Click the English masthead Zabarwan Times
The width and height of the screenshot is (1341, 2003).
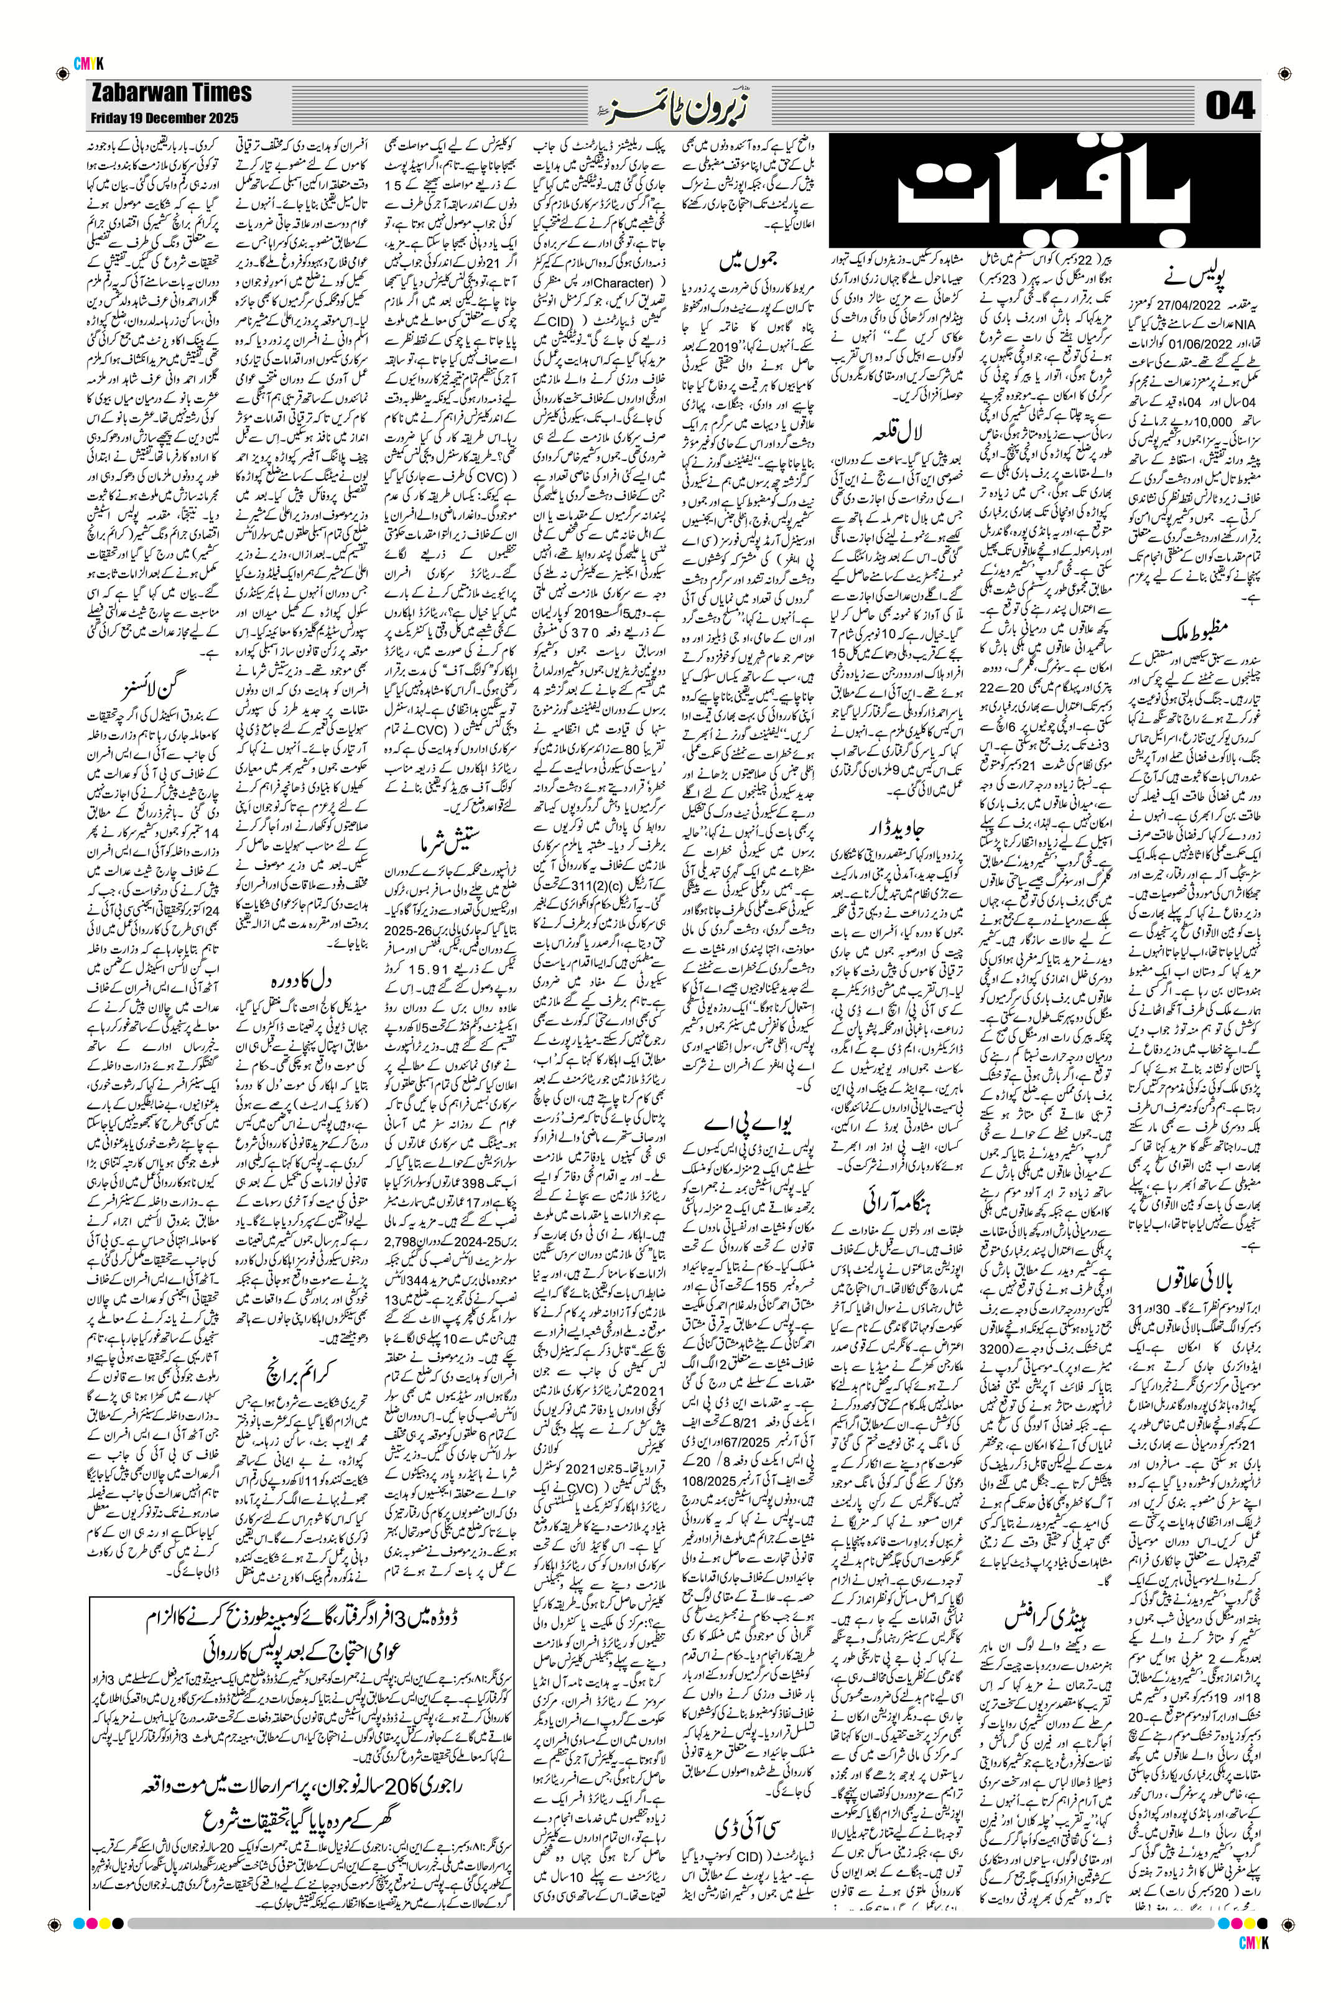170,93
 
